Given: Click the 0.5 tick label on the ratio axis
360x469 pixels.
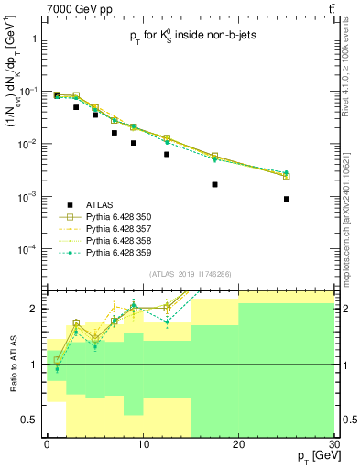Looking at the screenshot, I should click(31, 420).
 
